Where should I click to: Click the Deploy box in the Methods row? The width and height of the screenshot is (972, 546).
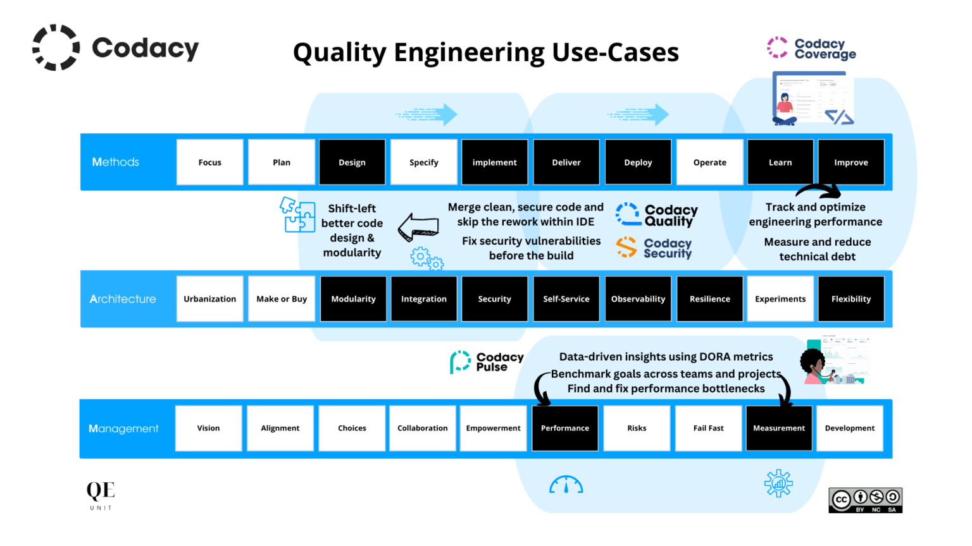638,162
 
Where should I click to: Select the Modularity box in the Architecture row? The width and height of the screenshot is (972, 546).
353,299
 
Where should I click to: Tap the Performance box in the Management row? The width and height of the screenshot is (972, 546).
564,428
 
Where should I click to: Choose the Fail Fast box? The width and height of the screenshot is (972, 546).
708,428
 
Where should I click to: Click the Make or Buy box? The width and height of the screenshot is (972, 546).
282,299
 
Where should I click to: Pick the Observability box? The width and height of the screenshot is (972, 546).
638,299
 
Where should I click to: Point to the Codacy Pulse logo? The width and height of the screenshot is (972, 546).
487,362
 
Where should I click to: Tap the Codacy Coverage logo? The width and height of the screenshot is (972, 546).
811,48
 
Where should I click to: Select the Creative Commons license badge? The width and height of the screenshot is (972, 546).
865,500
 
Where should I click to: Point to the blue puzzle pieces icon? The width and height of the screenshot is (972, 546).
297,215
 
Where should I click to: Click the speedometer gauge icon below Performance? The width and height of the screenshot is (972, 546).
566,485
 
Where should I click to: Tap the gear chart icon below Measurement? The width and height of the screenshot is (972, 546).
778,483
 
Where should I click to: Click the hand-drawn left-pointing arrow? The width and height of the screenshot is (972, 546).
418,227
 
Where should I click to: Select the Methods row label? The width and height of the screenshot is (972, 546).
116,162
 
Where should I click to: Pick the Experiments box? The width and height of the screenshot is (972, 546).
780,299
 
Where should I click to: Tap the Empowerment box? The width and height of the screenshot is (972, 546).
493,428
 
